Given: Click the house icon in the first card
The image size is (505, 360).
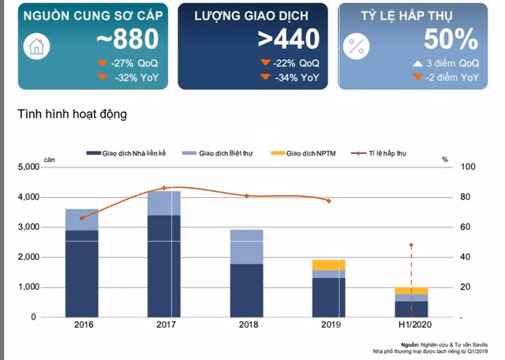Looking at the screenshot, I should coord(36,48).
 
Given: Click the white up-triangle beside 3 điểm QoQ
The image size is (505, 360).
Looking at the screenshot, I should coord(417,62).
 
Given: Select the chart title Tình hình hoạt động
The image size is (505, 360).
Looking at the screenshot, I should coord(72,114).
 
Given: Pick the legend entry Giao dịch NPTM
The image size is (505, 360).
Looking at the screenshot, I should coord(308,153).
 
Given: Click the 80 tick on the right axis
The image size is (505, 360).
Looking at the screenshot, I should coord(466,197).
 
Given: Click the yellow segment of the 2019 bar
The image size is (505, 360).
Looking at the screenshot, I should coord(328,264).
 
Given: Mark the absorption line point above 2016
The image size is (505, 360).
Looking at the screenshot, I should coord(81,217).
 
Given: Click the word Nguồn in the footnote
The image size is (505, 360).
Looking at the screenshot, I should coord(410,344).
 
